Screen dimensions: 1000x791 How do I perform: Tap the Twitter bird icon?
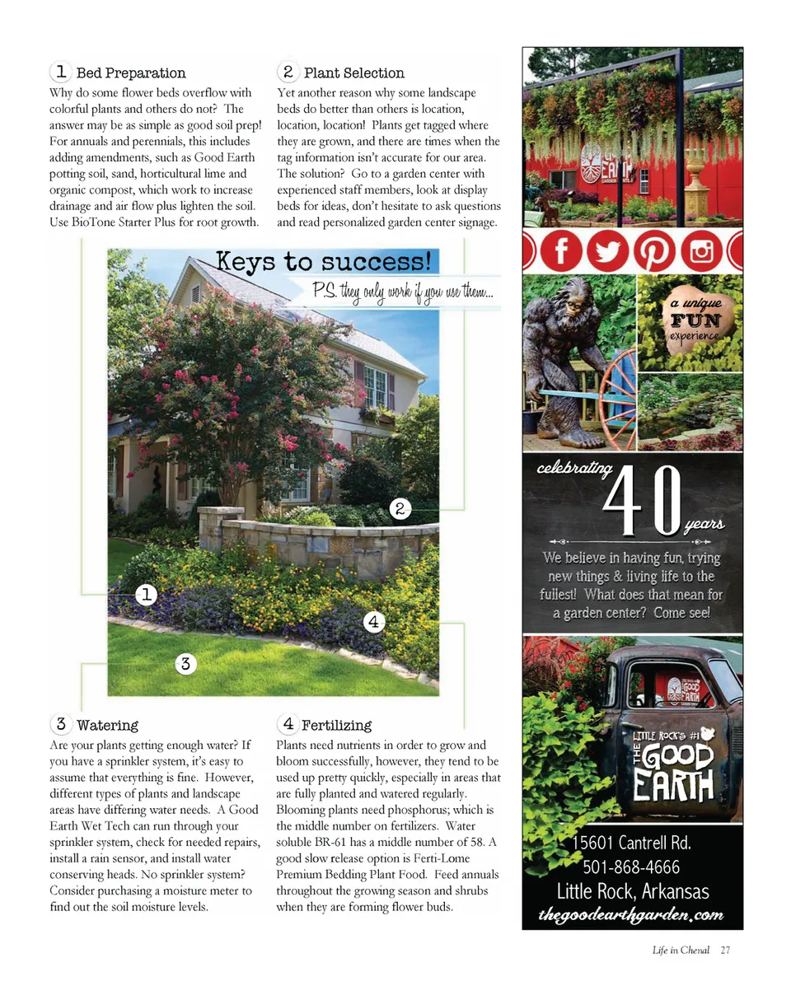point(608,251)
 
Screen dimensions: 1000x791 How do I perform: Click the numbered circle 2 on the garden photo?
point(399,508)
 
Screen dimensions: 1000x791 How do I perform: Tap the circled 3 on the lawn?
point(186,663)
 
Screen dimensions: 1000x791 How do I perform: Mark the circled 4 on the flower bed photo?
point(373,621)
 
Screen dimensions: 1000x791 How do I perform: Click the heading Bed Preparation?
point(130,73)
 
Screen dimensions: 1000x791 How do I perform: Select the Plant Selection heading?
point(353,73)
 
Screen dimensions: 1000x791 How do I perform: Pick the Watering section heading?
point(107,726)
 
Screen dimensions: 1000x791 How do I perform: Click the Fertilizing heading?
point(336,726)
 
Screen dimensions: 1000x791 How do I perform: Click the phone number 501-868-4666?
point(631,867)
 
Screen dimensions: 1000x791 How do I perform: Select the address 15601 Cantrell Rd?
point(631,843)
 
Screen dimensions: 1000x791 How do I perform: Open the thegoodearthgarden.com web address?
point(631,915)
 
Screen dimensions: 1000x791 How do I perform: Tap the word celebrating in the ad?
point(574,470)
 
